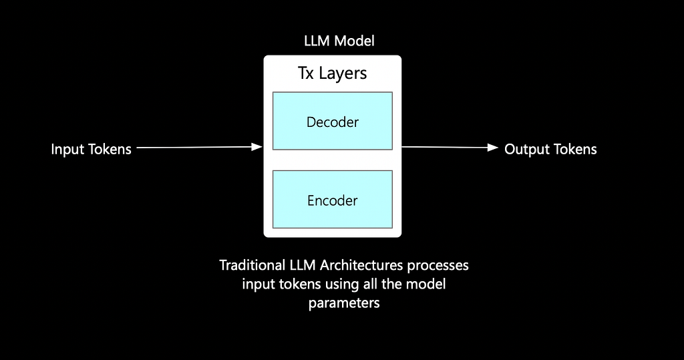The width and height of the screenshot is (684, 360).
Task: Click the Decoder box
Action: [333, 121]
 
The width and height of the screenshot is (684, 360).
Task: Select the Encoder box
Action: [333, 200]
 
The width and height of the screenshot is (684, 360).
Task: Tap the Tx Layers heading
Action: [333, 73]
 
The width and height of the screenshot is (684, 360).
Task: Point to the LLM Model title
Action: [339, 41]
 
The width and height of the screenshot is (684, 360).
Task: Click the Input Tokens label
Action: [91, 149]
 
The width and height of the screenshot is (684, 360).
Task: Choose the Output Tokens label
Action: [550, 149]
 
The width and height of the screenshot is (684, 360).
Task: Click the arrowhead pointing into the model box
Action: [257, 147]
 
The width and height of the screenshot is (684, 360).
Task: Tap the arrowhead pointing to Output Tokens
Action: [493, 148]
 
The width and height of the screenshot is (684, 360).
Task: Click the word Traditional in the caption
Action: [252, 265]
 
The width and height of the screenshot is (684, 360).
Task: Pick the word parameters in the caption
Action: [344, 303]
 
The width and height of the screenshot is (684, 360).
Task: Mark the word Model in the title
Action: [355, 41]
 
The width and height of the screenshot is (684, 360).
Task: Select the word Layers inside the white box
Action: [343, 73]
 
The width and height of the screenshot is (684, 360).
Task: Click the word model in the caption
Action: [425, 284]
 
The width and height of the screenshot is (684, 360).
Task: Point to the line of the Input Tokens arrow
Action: [194, 148]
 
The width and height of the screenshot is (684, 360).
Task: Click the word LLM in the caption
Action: [303, 265]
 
